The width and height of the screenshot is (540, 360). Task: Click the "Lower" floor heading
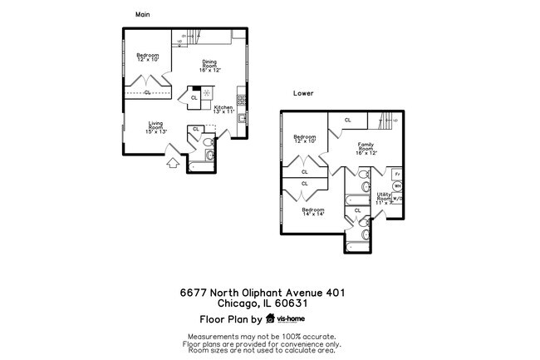(x=302, y=93)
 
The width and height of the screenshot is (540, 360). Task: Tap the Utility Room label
(x=385, y=200)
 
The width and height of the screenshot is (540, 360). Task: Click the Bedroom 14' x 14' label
(x=312, y=212)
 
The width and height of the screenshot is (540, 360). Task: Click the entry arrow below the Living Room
(x=173, y=163)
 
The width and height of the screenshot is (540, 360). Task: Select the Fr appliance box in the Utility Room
(x=398, y=174)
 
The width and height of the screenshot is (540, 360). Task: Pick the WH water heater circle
(x=396, y=187)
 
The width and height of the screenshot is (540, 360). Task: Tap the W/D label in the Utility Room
(x=399, y=199)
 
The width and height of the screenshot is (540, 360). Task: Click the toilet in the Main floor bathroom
(x=211, y=155)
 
